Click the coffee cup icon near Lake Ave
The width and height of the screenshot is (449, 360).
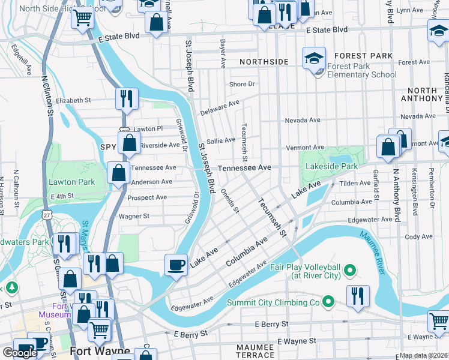click(176, 264)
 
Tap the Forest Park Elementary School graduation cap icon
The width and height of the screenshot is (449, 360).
click(313, 58)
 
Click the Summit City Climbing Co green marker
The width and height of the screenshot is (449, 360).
click(328, 301)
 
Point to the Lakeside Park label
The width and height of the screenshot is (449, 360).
click(331, 166)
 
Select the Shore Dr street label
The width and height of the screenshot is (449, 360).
click(242, 85)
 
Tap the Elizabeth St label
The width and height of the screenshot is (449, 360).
click(74, 100)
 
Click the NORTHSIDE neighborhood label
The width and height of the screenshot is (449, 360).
click(264, 62)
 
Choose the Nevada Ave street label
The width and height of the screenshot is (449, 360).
click(303, 120)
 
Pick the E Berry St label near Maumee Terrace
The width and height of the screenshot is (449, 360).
click(271, 324)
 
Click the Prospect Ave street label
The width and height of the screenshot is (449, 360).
click(147, 197)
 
